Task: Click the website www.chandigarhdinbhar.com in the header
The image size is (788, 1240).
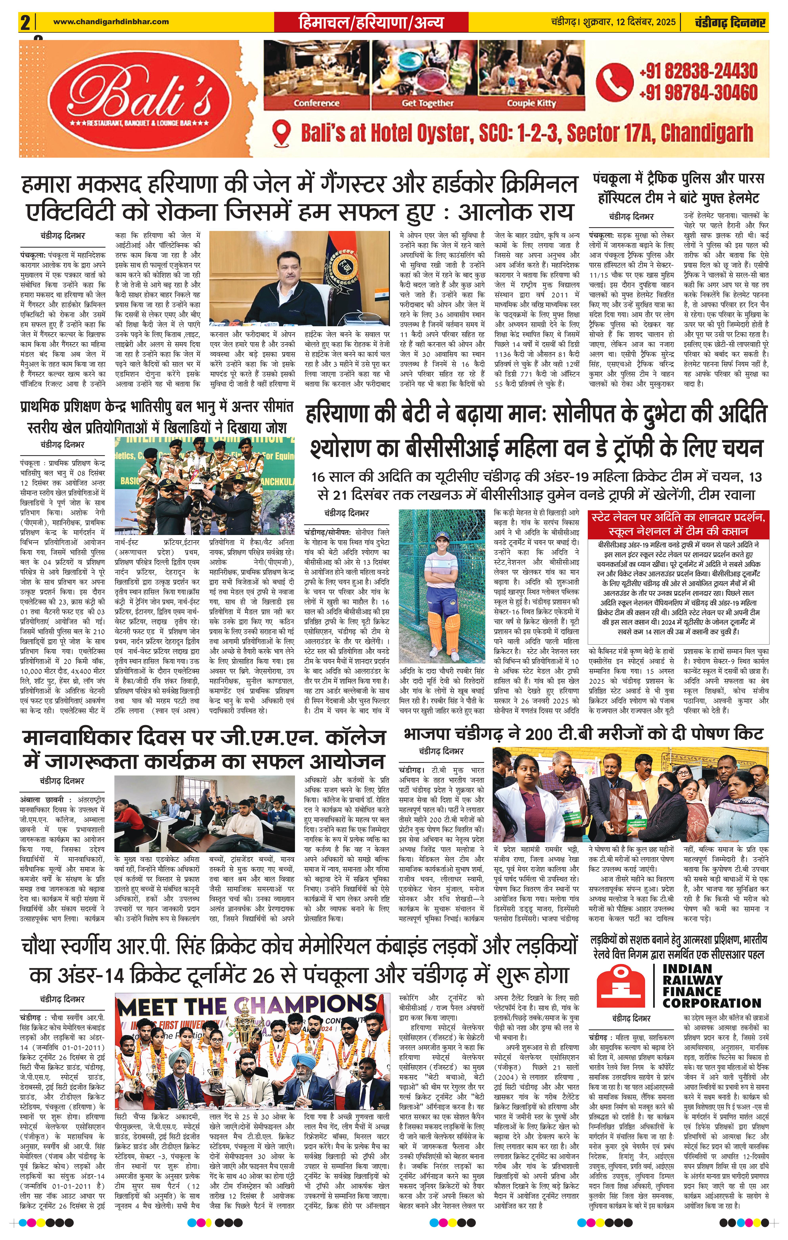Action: click(111, 22)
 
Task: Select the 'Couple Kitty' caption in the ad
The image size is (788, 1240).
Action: click(531, 103)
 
